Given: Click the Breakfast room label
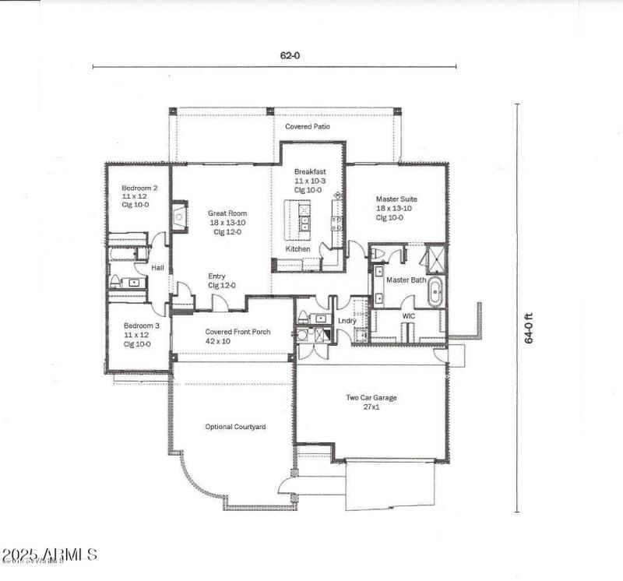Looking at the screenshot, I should tap(309, 171).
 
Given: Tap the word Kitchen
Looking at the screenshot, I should tap(297, 249).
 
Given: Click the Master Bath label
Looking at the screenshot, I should tap(406, 280).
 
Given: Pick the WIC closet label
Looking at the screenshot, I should tap(409, 316).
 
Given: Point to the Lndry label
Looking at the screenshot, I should tap(347, 321).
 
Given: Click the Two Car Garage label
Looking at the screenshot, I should tap(371, 398).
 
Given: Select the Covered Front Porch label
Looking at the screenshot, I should tap(238, 332).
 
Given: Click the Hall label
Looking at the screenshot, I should tap(157, 269).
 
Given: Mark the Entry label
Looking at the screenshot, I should tap(217, 276).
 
